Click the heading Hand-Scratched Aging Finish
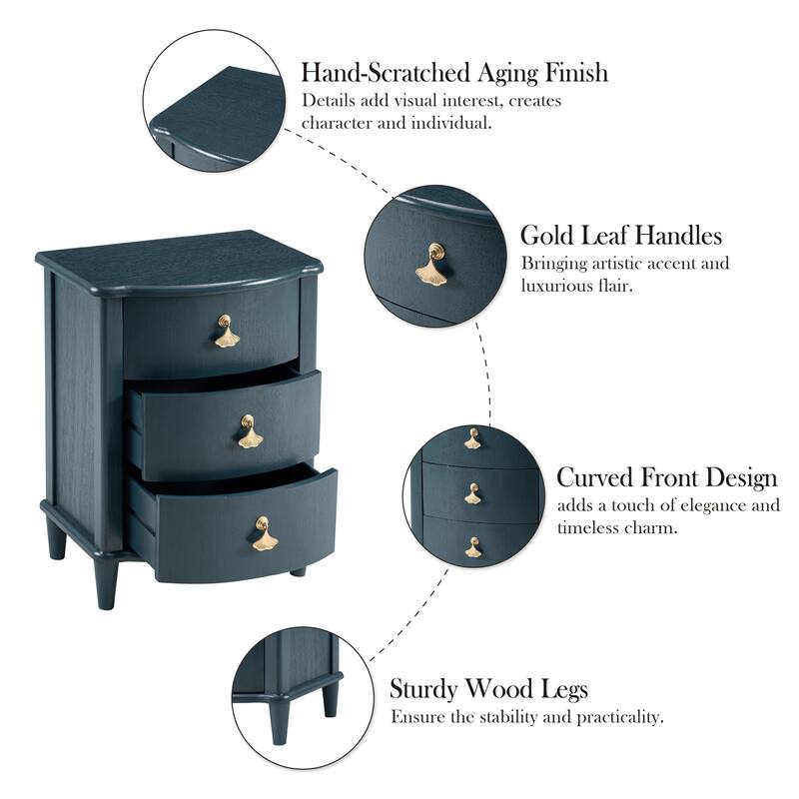tap(454, 73)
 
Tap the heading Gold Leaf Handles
tap(620, 236)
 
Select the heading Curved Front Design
tap(666, 476)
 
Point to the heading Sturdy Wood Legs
tap(488, 689)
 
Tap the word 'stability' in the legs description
tap(498, 717)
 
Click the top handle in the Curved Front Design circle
tap(472, 438)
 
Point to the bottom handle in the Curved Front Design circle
tap(472, 547)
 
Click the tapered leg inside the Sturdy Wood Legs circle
tap(331, 696)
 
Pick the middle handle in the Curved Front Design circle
tap(472, 492)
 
